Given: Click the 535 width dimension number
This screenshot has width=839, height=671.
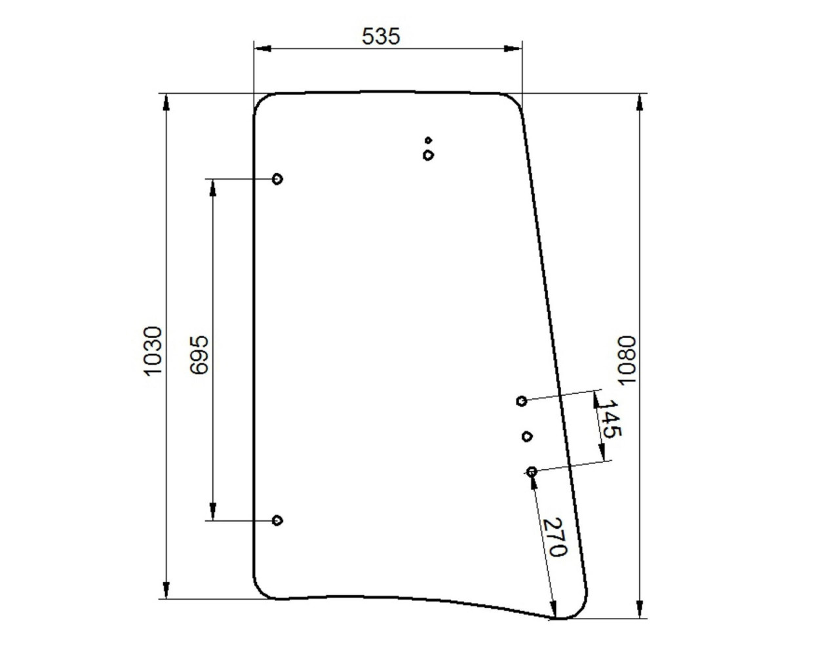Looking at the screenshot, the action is [x=381, y=36].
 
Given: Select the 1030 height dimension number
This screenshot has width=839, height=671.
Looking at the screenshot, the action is [x=153, y=351].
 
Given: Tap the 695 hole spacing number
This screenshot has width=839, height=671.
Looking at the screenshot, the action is [x=199, y=355].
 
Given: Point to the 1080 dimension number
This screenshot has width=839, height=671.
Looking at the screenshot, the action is [x=627, y=360].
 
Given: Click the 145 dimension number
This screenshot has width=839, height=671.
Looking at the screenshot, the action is [x=609, y=419].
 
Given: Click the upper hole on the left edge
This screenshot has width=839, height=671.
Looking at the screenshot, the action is [x=277, y=179].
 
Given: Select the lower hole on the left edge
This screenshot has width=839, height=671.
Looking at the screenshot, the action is [x=277, y=520].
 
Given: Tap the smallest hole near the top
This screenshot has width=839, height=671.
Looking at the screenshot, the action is [x=429, y=140].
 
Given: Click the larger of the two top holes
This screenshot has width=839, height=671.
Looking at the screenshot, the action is [x=428, y=155].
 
